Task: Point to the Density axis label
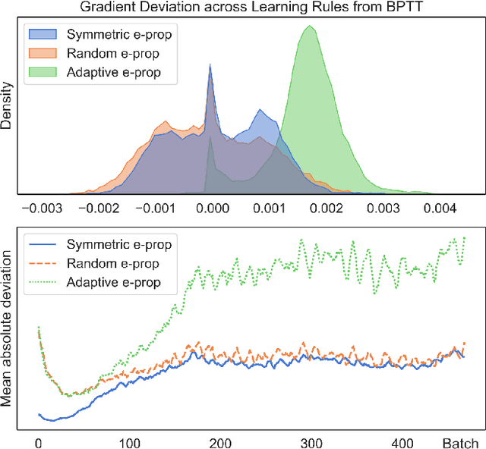(8, 105)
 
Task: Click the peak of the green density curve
(309, 27)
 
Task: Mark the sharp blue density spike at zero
(210, 66)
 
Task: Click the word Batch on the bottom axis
(461, 443)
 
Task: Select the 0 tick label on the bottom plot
(38, 443)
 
